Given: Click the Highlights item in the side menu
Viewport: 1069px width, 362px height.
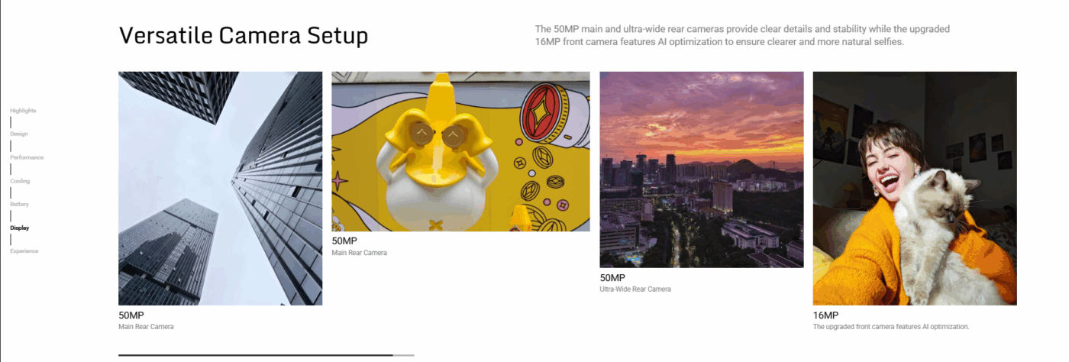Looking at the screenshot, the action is [x=23, y=110].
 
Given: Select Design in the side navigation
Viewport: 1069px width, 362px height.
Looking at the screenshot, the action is [x=19, y=134].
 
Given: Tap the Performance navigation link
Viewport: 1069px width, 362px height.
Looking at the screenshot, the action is [x=27, y=157].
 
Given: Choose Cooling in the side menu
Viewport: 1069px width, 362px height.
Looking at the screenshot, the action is [x=20, y=181].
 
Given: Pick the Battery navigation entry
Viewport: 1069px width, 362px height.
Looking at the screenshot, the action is [x=20, y=204].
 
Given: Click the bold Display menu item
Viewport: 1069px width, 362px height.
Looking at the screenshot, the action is [x=20, y=228].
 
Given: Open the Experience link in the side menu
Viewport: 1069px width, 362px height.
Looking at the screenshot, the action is [x=24, y=250].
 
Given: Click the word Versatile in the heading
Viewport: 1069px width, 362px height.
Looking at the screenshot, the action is [x=166, y=35].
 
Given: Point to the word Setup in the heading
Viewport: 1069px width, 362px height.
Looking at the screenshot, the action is [x=337, y=37].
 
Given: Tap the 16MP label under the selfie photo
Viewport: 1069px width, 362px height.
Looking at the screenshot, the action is [x=825, y=315].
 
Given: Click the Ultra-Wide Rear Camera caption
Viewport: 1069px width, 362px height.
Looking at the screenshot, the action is [x=635, y=289].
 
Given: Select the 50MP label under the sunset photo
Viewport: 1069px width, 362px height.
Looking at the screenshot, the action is [x=612, y=277].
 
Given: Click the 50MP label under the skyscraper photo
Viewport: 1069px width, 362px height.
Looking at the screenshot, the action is [x=131, y=315].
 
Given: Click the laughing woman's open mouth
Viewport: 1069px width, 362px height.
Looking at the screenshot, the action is [x=889, y=183].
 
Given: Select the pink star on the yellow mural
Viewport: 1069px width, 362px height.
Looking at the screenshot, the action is [x=340, y=181].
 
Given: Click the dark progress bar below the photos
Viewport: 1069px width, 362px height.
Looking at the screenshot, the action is [x=256, y=355].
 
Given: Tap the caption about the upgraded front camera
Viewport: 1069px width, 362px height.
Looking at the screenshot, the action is [x=891, y=327].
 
